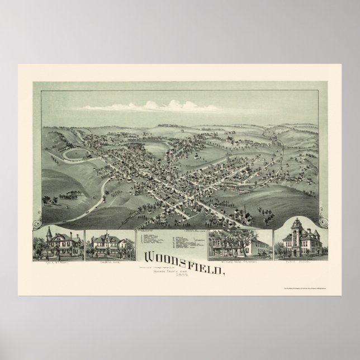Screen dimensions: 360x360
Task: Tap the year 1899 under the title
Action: pos(180,272)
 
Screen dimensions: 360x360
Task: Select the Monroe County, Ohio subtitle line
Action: pos(180,267)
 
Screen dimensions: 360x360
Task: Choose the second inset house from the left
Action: pos(107,243)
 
